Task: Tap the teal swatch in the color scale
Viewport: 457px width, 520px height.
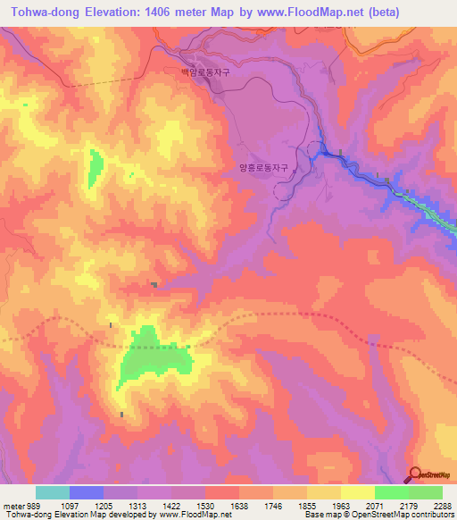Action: click(x=52, y=492)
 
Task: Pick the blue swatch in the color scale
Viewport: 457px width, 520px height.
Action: click(x=86, y=492)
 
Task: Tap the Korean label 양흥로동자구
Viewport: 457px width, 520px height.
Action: click(x=264, y=166)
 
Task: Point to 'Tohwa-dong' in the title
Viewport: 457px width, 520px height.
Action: click(x=41, y=12)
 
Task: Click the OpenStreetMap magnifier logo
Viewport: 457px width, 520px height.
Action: click(x=414, y=474)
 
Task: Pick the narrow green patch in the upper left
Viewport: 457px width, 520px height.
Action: click(x=96, y=167)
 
